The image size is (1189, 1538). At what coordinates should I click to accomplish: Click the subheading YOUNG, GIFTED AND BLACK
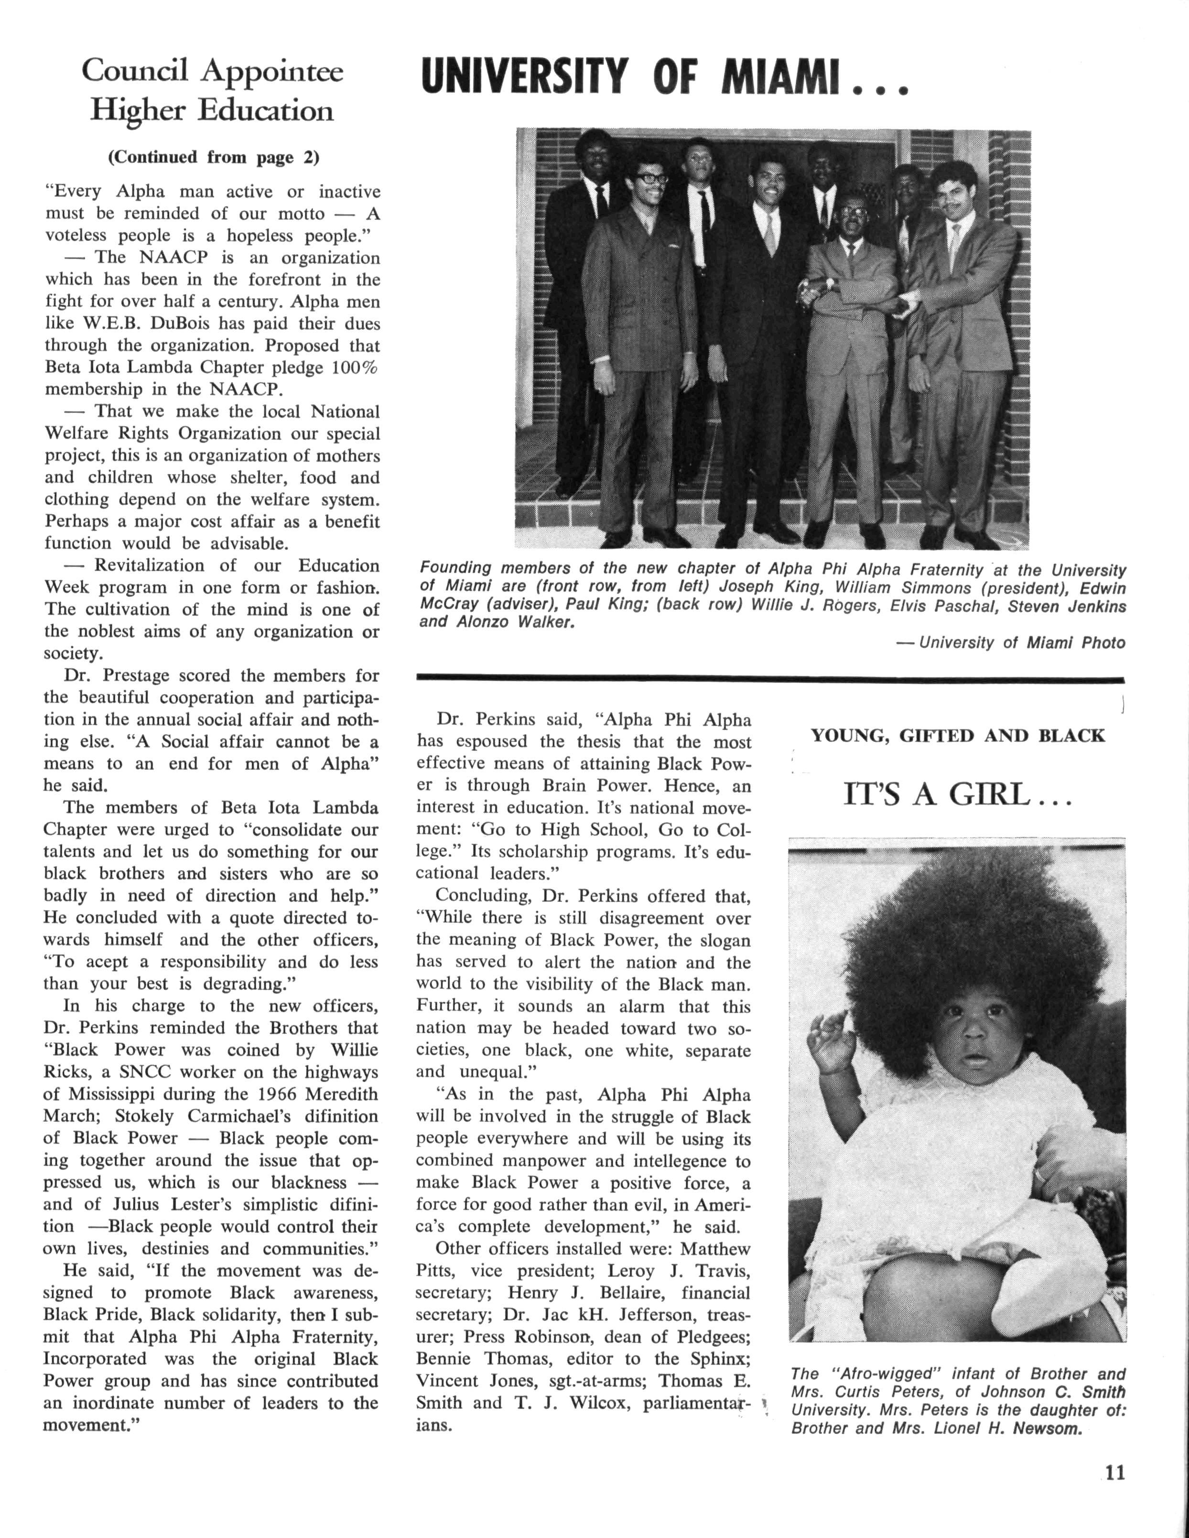pyautogui.click(x=957, y=736)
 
